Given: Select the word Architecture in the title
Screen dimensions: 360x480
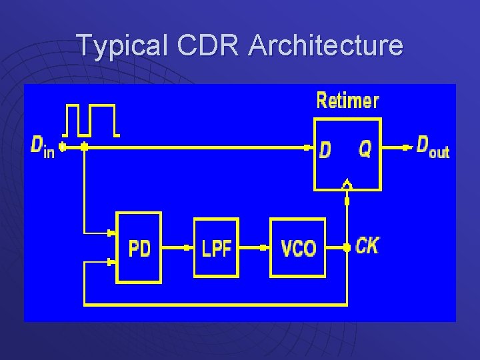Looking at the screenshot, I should [x=326, y=45].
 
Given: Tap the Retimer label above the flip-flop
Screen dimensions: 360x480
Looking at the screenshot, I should [x=347, y=101].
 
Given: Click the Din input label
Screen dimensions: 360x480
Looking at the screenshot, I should [x=43, y=146].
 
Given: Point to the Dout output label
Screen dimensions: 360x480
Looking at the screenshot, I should [x=433, y=147].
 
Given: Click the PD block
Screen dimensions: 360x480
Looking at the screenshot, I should [x=139, y=247].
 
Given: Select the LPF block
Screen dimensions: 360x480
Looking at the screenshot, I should [x=216, y=247].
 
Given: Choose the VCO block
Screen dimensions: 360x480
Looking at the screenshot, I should [x=297, y=248].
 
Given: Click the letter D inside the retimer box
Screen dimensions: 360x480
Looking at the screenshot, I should [x=325, y=149].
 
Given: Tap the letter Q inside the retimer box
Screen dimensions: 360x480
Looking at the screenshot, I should [x=365, y=149].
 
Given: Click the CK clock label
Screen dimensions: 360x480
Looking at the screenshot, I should [x=367, y=245].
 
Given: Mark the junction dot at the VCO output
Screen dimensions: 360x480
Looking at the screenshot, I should [x=347, y=247].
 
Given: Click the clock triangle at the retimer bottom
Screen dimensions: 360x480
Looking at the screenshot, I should [x=347, y=184].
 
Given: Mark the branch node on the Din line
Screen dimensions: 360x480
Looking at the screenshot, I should [x=84, y=147].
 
